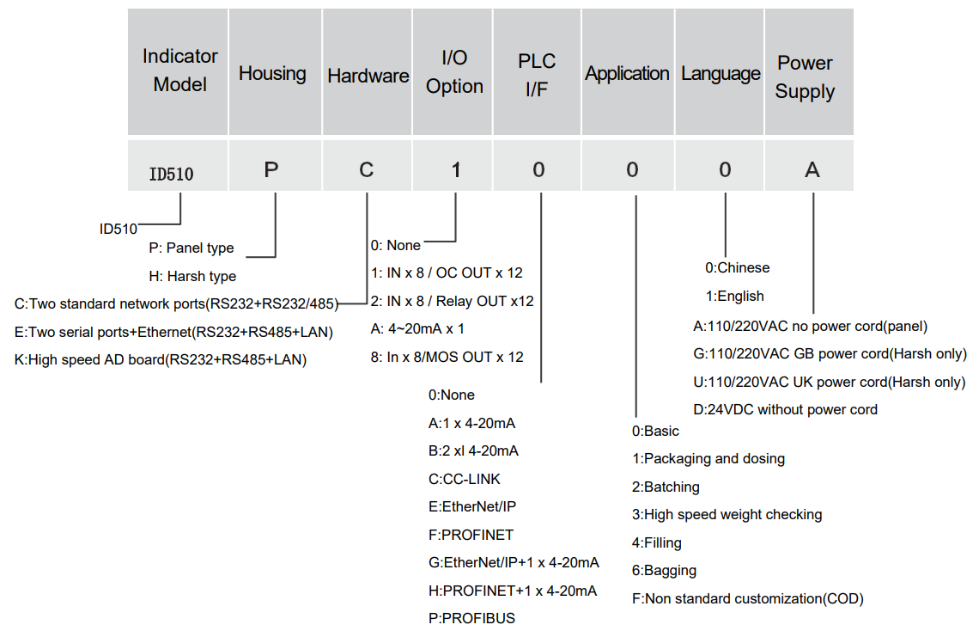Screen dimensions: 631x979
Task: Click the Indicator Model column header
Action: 179,70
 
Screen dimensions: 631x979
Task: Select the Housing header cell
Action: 272,74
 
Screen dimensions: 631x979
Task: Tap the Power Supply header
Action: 805,77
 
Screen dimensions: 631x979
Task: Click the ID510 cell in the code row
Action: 171,174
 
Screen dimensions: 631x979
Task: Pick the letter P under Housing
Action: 271,169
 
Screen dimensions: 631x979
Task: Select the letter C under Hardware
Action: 367,169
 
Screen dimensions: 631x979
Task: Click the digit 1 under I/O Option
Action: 456,169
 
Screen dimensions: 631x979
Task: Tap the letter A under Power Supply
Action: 812,169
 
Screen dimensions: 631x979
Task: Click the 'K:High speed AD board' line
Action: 161,359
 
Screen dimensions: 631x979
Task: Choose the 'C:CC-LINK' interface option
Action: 464,479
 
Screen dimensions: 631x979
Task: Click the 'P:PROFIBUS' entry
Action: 471,618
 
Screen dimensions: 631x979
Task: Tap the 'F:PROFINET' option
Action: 471,535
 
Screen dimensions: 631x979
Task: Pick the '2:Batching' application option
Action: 666,487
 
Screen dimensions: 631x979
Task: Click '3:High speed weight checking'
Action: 727,514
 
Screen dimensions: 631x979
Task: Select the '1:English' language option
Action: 734,296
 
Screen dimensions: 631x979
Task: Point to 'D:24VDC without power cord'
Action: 785,409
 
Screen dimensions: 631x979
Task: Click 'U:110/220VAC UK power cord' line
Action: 829,382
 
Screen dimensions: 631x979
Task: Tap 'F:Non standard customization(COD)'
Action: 747,598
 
